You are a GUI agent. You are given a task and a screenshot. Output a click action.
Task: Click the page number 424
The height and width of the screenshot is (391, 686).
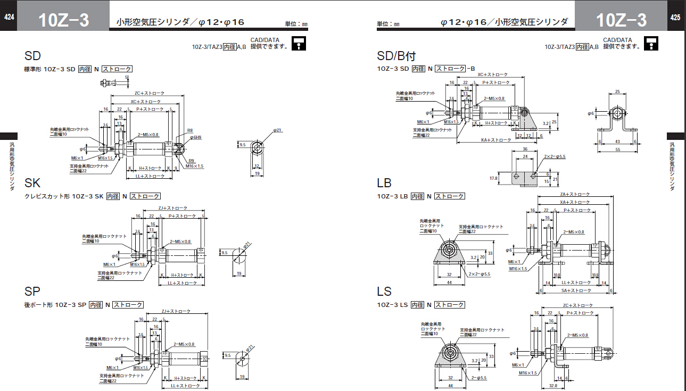click(x=9, y=18)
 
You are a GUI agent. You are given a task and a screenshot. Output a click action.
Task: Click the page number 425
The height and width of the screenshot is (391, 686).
click(x=675, y=18)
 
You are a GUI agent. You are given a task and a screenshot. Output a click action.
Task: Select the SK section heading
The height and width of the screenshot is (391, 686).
click(x=32, y=184)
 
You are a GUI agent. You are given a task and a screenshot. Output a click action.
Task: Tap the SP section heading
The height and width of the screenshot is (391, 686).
click(x=32, y=292)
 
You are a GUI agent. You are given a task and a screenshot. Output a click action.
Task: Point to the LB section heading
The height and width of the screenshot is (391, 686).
click(x=384, y=184)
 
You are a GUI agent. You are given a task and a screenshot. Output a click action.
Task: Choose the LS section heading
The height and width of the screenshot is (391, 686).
click(x=384, y=292)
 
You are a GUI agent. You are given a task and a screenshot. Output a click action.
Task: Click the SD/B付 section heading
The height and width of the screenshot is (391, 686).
click(x=396, y=56)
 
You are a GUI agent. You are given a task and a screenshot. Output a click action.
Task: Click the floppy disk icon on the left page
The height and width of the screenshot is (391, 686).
click(x=300, y=43)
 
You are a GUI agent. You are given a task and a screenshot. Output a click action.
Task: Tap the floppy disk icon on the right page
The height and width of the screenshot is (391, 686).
click(x=651, y=43)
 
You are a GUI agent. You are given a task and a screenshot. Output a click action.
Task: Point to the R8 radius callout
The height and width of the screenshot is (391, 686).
click(x=190, y=130)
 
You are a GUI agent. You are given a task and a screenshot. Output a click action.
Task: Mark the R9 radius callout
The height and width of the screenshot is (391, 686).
click(x=191, y=161)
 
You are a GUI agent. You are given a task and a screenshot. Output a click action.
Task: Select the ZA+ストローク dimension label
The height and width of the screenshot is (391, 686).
click(x=574, y=195)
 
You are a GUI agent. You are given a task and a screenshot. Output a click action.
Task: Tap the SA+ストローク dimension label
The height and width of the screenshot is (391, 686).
click(x=576, y=290)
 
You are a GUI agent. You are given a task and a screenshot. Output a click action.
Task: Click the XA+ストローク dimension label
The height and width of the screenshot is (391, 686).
click(x=574, y=202)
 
